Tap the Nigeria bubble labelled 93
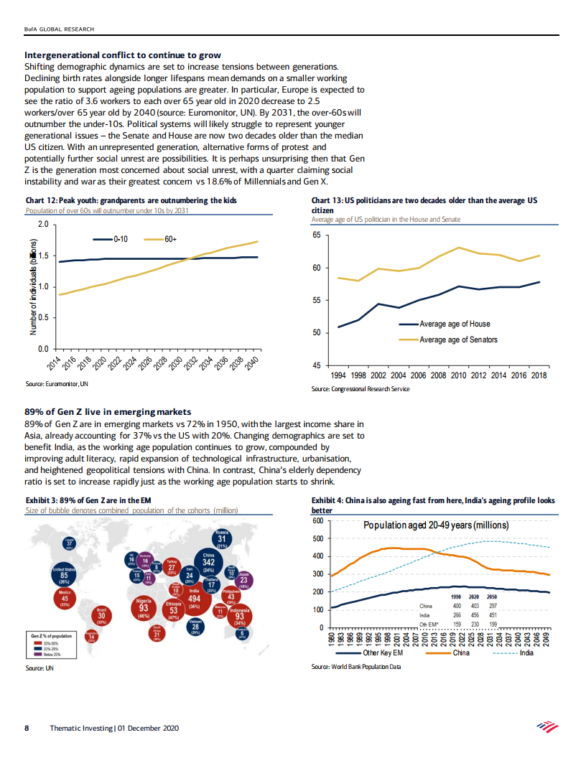tap(144, 607)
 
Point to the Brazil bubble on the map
tap(102, 615)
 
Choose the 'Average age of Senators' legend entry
tap(457, 340)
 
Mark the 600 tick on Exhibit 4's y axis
tap(319, 520)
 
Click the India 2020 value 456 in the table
tap(475, 614)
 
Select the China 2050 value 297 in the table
tap(493, 606)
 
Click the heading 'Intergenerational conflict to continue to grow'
tap(123, 55)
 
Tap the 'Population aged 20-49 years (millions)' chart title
tap(436, 525)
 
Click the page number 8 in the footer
tap(27, 728)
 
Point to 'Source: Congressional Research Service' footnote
tap(360, 389)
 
